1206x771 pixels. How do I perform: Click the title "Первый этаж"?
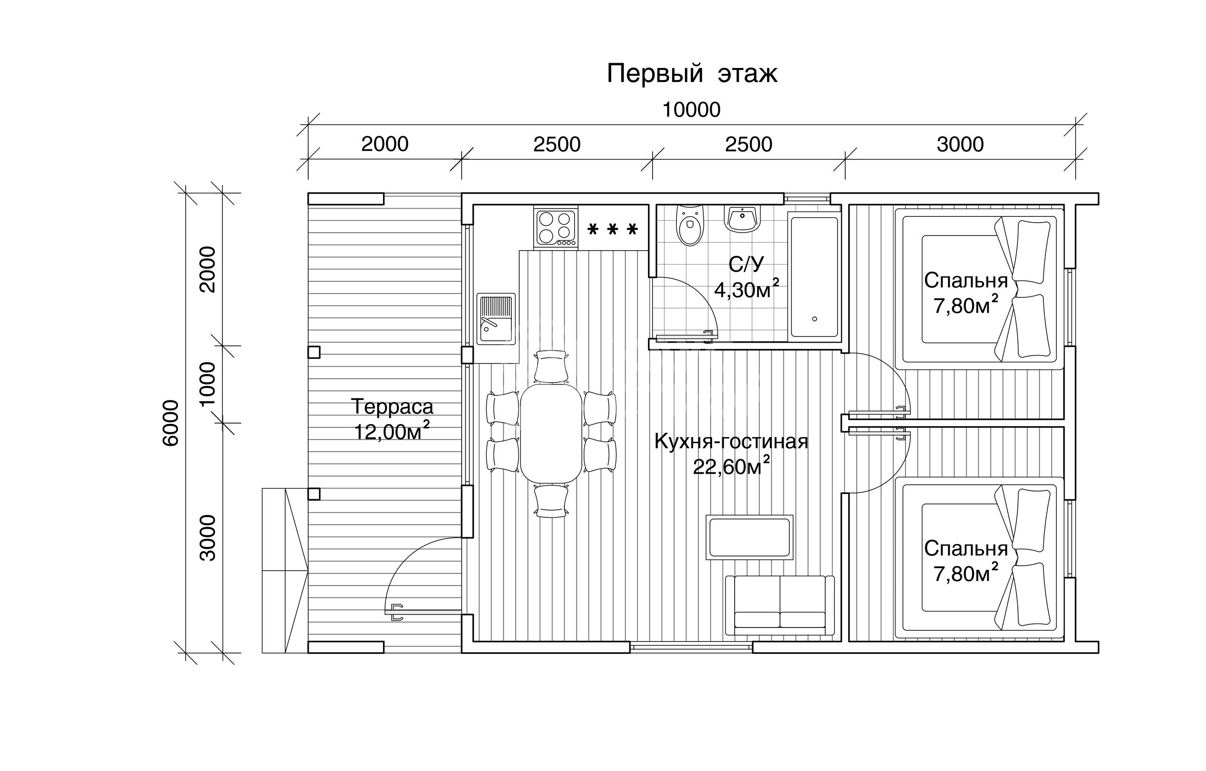click(692, 74)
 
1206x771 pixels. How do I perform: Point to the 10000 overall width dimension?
click(691, 110)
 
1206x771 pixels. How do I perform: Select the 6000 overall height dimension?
click(171, 423)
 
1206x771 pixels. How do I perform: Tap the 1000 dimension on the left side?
click(207, 384)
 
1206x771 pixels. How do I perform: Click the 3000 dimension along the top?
click(960, 144)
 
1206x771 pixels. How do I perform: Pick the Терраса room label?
click(392, 407)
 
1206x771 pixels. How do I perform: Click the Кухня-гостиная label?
click(731, 441)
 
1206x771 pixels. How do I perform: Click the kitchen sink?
click(495, 319)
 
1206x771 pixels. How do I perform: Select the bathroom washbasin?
click(743, 218)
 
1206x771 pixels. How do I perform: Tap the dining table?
click(551, 433)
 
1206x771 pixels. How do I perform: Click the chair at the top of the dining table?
click(551, 367)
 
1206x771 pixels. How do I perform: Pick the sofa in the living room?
click(780, 605)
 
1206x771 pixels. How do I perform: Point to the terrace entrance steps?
click(285, 570)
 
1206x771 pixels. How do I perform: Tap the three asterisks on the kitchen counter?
click(612, 229)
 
